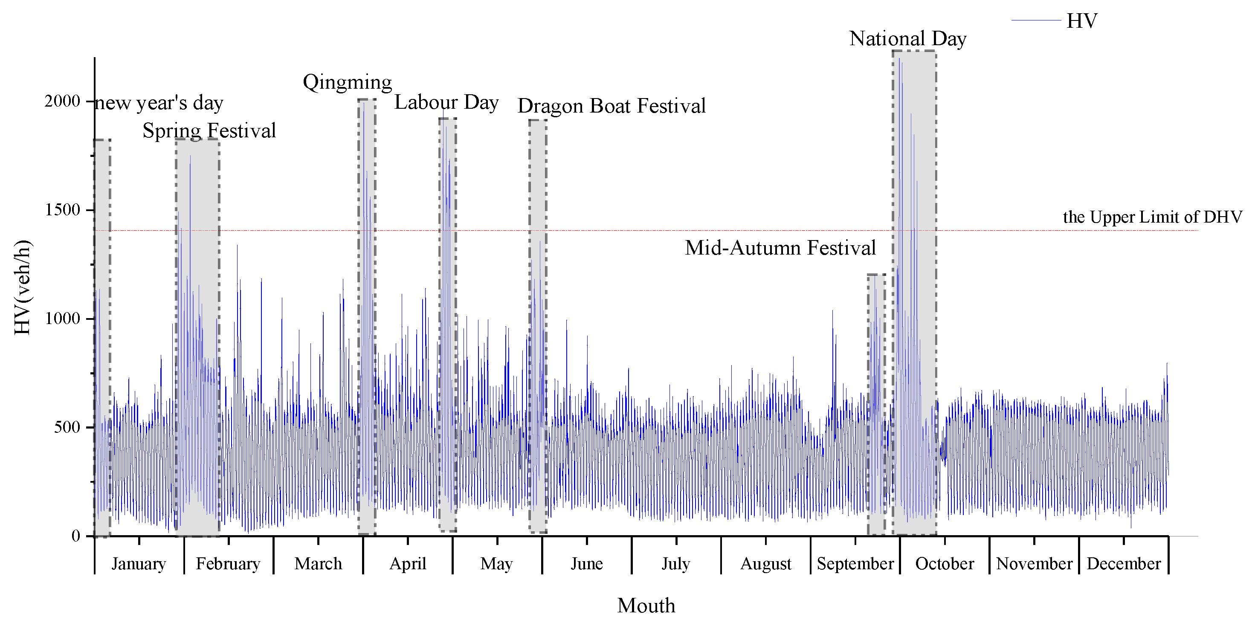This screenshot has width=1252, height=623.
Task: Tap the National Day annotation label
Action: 907,39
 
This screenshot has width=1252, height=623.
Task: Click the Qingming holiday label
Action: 347,82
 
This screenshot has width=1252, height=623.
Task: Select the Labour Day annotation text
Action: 446,102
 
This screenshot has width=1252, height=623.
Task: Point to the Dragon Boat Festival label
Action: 611,106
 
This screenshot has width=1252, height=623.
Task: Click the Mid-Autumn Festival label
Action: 780,248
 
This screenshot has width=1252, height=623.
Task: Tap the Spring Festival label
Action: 209,131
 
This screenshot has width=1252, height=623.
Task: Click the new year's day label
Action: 159,103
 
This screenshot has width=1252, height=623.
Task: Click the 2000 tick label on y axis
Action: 62,101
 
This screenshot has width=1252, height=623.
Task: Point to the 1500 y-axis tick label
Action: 62,210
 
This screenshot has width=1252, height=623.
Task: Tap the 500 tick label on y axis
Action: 67,427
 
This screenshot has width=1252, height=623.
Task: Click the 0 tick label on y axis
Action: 75,536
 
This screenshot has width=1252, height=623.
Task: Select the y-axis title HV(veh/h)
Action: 23,287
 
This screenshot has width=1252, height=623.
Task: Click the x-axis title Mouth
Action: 646,606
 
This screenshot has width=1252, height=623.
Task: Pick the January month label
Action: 139,564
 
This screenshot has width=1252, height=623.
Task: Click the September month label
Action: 855,564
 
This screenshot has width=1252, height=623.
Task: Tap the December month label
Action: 1124,564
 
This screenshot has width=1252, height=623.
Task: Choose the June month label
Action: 587,564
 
